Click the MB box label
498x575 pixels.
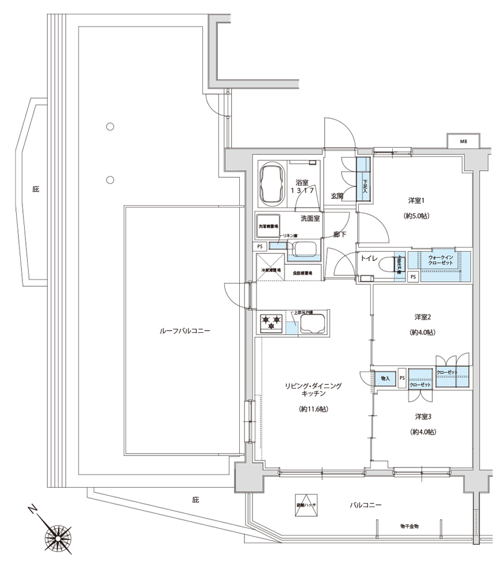pos(463,141)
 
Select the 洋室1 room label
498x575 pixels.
pos(416,200)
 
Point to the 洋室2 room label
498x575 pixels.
pos(423,317)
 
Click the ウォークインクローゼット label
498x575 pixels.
pos(440,259)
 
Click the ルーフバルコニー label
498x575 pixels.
pos(185,331)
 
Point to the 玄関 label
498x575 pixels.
pos(337,196)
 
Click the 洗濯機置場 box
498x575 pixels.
pos(268,227)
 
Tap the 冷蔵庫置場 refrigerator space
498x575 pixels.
pos(270,270)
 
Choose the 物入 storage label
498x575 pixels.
pos(385,378)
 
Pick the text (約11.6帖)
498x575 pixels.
pos(313,409)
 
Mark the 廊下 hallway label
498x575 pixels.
pos(339,235)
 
